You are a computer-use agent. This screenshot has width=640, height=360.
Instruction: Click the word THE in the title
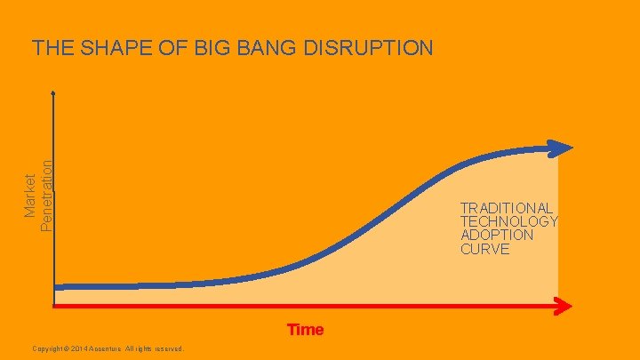(49, 48)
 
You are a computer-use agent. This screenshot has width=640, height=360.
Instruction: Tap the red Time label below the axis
(305, 330)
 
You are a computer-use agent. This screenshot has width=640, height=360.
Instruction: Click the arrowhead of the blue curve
(562, 148)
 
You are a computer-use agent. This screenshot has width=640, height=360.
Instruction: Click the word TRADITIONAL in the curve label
(507, 207)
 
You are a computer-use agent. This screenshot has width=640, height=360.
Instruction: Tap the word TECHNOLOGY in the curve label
(508, 221)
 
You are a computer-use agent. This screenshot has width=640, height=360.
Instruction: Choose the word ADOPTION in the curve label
(497, 235)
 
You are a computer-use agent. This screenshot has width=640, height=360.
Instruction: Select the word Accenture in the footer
(116, 348)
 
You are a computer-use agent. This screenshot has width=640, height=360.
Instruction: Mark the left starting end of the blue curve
(56, 286)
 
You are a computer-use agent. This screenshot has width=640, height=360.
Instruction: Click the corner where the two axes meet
(54, 307)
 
